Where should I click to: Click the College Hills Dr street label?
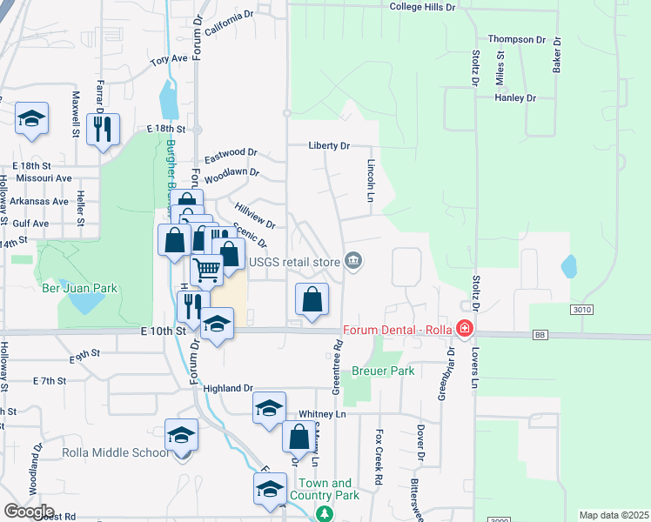coord(422,7)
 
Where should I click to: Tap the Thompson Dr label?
coord(516,39)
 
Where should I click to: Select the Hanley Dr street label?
coord(514,98)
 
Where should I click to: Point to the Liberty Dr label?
coord(328,146)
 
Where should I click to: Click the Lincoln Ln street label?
coord(370,176)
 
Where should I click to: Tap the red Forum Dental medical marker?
coord(464,329)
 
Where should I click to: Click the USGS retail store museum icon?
coord(353,261)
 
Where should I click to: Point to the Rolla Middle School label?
coord(117,452)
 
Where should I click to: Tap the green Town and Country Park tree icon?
coord(325,514)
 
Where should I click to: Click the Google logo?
coord(29,511)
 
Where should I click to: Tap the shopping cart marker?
coord(206,270)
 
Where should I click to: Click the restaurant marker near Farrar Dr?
coord(104,130)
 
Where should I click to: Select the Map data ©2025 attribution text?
coord(614,515)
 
